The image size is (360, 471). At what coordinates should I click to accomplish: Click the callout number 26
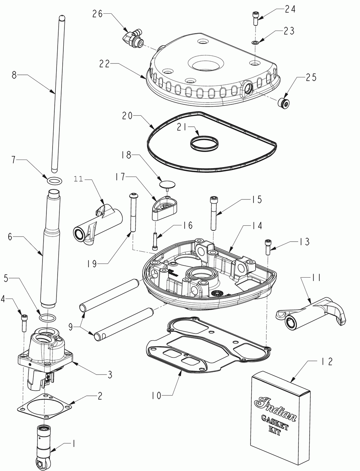98,14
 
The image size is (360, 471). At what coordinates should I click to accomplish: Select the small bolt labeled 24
255,18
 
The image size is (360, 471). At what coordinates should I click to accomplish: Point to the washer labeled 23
255,43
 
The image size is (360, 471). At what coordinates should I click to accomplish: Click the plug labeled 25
284,103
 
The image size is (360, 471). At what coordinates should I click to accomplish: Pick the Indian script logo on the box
275,409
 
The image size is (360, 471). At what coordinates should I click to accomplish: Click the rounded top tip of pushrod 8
62,17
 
